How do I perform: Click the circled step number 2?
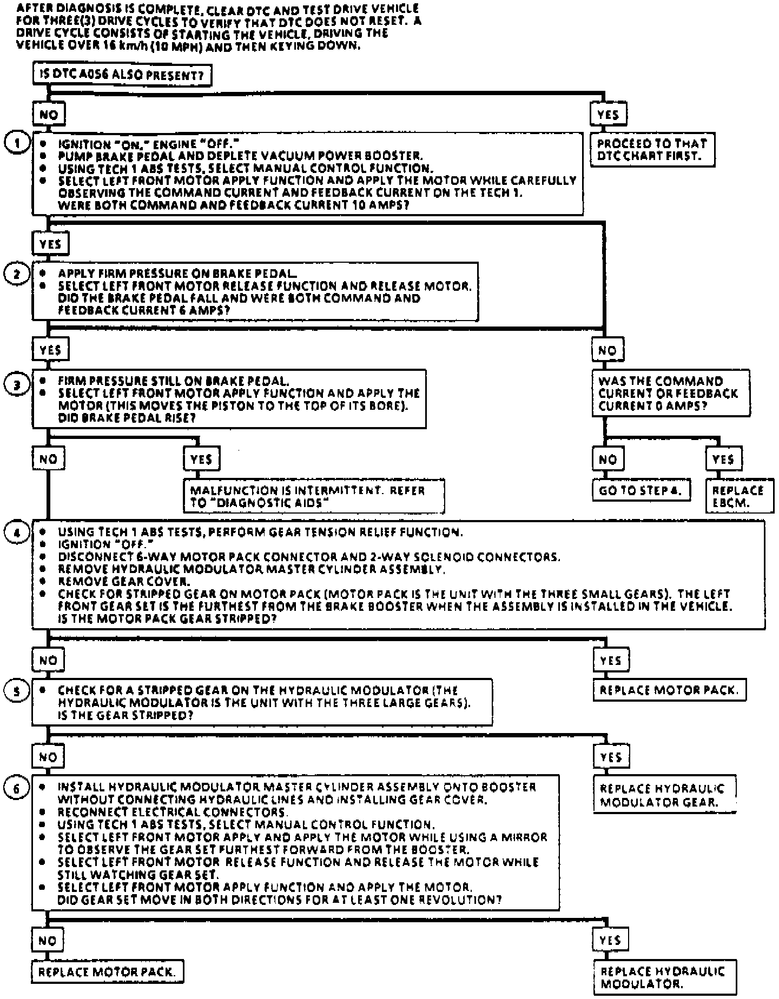(17, 274)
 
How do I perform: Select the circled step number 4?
(17, 532)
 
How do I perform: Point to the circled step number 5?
(17, 691)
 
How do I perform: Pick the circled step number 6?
(17, 789)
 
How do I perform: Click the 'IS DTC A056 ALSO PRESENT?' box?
(122, 75)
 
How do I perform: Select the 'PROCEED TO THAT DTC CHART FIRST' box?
(652, 150)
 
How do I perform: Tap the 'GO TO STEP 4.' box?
(641, 490)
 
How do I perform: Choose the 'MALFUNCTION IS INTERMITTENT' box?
(314, 496)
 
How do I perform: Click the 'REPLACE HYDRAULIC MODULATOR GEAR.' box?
(665, 795)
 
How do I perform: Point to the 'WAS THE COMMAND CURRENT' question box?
(671, 393)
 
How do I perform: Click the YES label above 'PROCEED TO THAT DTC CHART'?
(609, 114)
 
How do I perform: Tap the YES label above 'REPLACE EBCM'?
(724, 459)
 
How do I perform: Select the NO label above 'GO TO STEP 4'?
(608, 459)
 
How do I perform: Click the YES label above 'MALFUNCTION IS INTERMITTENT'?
(201, 459)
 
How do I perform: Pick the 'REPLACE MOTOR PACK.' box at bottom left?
(107, 971)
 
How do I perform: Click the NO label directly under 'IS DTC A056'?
(49, 114)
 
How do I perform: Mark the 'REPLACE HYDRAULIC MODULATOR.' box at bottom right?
(665, 977)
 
